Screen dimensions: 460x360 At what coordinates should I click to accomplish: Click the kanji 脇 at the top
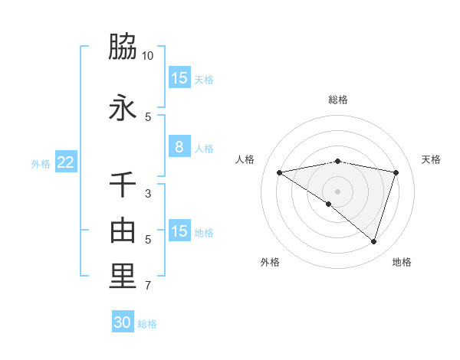coord(123,47)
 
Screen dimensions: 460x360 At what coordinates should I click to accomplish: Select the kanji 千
coord(123,185)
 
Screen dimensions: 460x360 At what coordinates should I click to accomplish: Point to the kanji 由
coord(123,230)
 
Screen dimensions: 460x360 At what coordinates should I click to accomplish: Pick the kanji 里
coord(123,277)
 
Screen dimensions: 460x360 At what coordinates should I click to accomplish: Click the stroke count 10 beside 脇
coord(148,56)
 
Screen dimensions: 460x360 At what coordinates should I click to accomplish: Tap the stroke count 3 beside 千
coord(148,194)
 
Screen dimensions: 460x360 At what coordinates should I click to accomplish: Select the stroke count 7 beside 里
coord(148,286)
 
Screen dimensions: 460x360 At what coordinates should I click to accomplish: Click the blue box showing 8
coord(179,147)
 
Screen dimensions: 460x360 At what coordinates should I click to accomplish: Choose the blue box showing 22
coord(66,162)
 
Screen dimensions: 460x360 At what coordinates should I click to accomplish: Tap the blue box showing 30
coord(123,322)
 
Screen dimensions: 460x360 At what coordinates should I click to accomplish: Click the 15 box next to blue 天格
coord(179,78)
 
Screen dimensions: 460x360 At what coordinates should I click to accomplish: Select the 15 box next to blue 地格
coord(179,231)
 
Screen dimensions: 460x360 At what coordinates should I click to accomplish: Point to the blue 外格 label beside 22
coord(41,163)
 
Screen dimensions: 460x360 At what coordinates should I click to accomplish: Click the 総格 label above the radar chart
coord(338,100)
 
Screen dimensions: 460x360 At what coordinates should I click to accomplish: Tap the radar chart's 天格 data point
coord(396,172)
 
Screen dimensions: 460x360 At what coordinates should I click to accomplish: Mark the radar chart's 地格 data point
coord(373,241)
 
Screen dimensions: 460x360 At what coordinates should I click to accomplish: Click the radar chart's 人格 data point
coord(279,172)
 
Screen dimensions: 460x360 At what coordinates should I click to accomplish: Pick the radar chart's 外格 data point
coord(329,204)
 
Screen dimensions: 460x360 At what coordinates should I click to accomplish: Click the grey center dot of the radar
coord(337,191)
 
